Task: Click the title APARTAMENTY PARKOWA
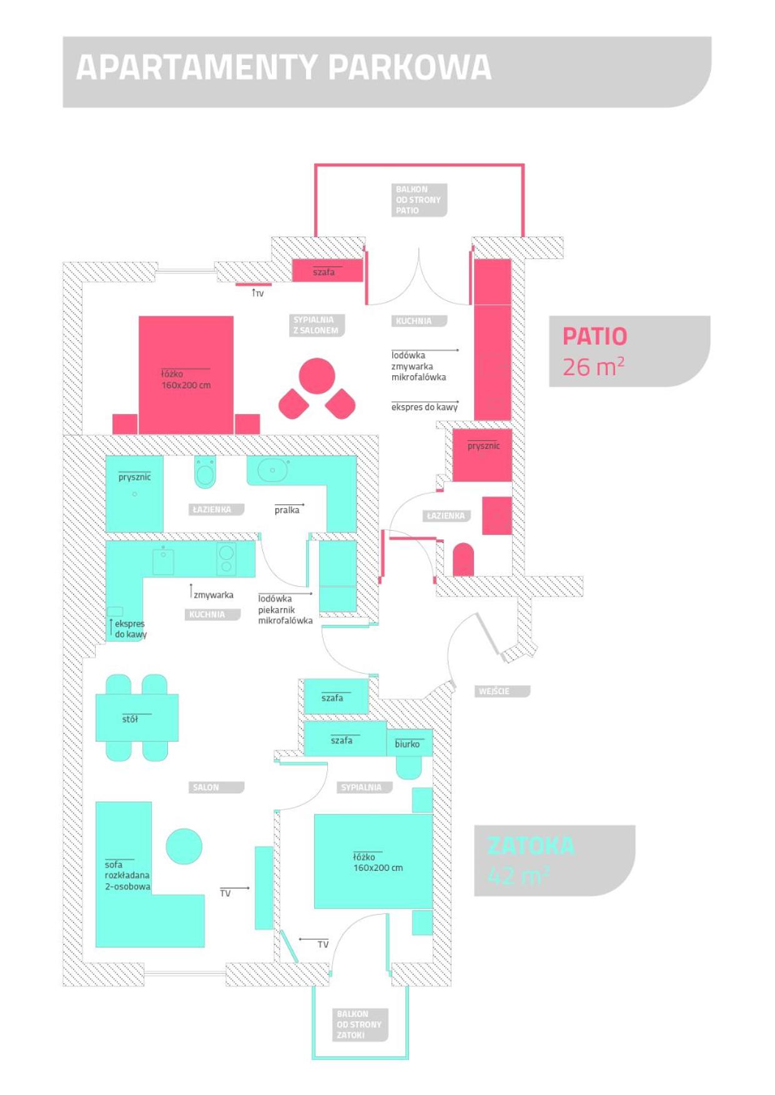coord(284,67)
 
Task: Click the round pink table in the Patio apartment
coord(317,376)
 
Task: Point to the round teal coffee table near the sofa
coord(184,846)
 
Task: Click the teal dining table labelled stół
coord(137,718)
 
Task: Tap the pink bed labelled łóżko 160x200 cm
coord(186,375)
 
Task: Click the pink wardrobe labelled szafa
coord(328,271)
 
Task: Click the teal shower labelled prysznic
coord(134,494)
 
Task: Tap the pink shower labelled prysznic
coord(482,455)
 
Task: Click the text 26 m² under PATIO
coord(593,367)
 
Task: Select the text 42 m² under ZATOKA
coord(518,875)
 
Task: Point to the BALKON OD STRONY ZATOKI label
coord(360,1024)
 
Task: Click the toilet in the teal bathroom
coord(205,473)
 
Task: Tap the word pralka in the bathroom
coord(287,510)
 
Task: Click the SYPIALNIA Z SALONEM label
coord(317,325)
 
